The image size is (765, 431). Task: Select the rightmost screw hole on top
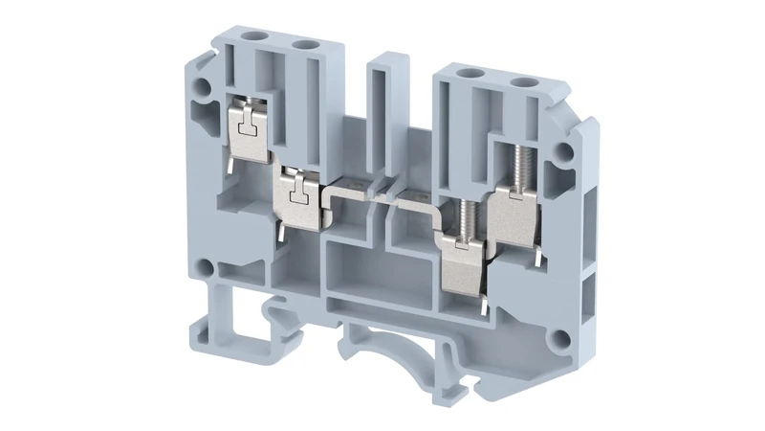click(x=523, y=84)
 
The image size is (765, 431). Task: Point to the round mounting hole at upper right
click(x=566, y=150)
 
